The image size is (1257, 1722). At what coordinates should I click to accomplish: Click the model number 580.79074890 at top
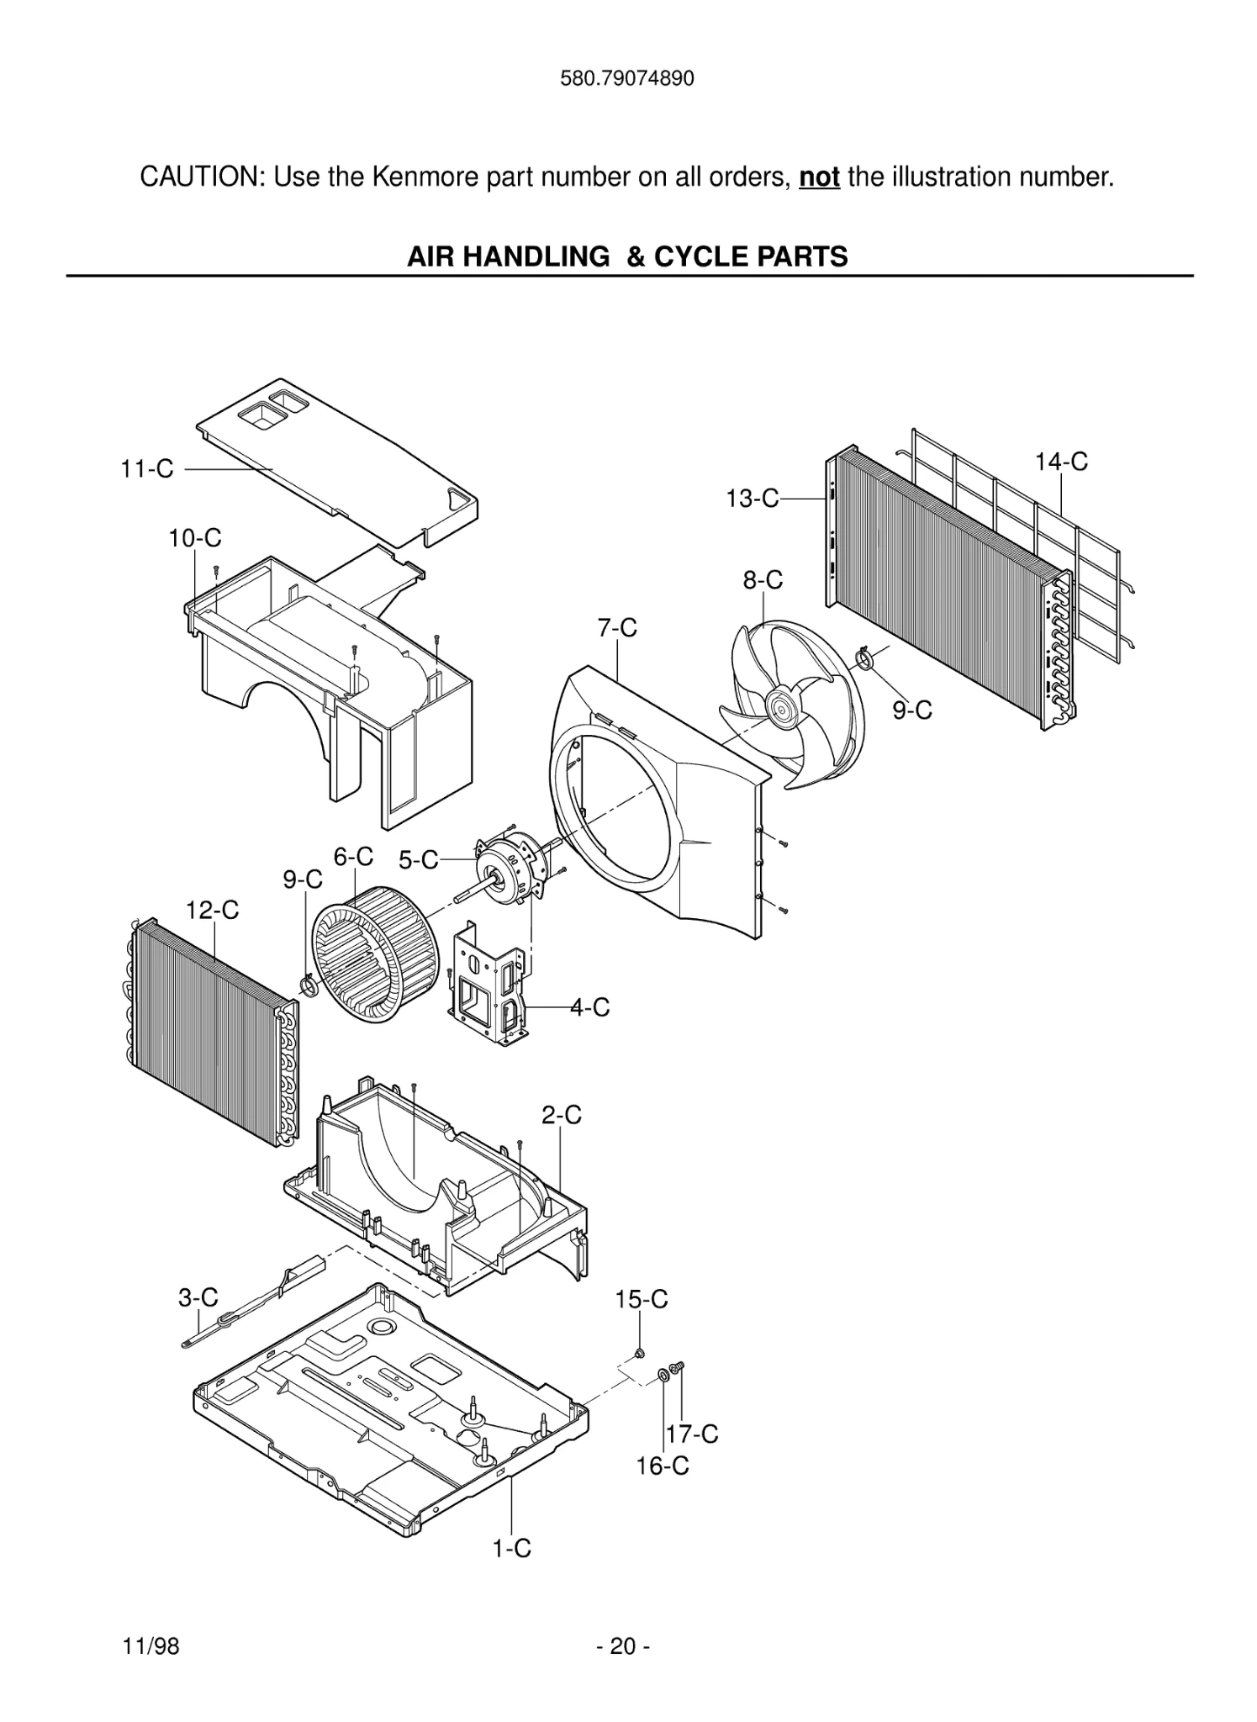click(627, 80)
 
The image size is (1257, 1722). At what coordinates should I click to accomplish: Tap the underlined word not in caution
click(819, 177)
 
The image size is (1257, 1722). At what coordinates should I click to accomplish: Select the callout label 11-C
click(146, 469)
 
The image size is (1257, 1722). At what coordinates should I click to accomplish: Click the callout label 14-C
click(1060, 462)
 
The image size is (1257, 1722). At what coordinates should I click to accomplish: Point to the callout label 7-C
click(617, 628)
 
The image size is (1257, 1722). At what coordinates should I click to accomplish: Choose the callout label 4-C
click(589, 1006)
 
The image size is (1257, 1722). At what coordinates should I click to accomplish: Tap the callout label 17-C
click(692, 1434)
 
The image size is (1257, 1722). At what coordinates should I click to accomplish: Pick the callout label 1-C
click(511, 1548)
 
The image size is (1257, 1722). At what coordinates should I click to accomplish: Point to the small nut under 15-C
click(638, 1353)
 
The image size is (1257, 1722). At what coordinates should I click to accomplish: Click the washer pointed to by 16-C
click(663, 1375)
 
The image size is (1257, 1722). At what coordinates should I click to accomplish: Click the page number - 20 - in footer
click(623, 1646)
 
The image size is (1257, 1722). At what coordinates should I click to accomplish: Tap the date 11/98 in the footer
click(151, 1646)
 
